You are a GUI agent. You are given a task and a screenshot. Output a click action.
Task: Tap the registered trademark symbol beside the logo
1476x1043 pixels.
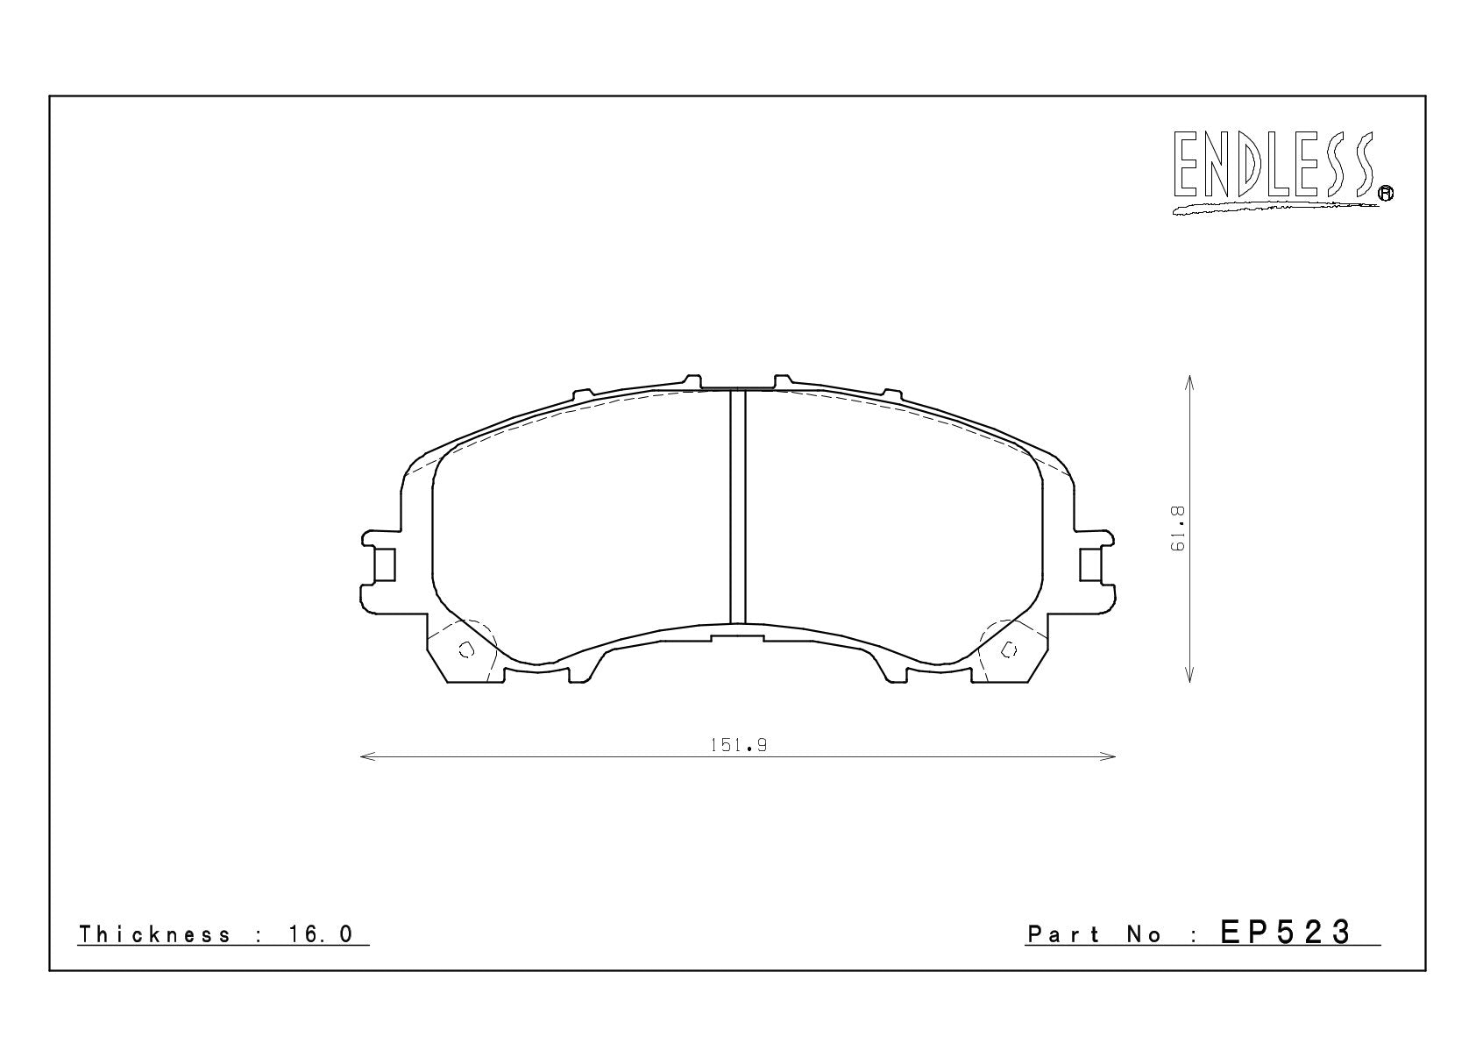(1386, 193)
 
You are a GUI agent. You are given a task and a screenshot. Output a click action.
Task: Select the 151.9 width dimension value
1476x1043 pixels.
(738, 745)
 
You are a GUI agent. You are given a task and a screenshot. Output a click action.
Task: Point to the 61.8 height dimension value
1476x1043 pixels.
(1177, 529)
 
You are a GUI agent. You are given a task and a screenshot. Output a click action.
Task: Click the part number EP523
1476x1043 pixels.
(1286, 933)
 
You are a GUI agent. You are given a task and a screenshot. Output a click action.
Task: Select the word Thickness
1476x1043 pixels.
(155, 934)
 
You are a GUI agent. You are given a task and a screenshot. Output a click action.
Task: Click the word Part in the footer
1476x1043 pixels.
(1063, 934)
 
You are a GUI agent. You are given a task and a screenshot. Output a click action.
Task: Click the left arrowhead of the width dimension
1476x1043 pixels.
(367, 756)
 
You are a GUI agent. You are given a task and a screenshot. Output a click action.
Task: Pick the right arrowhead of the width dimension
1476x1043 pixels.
(1109, 756)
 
